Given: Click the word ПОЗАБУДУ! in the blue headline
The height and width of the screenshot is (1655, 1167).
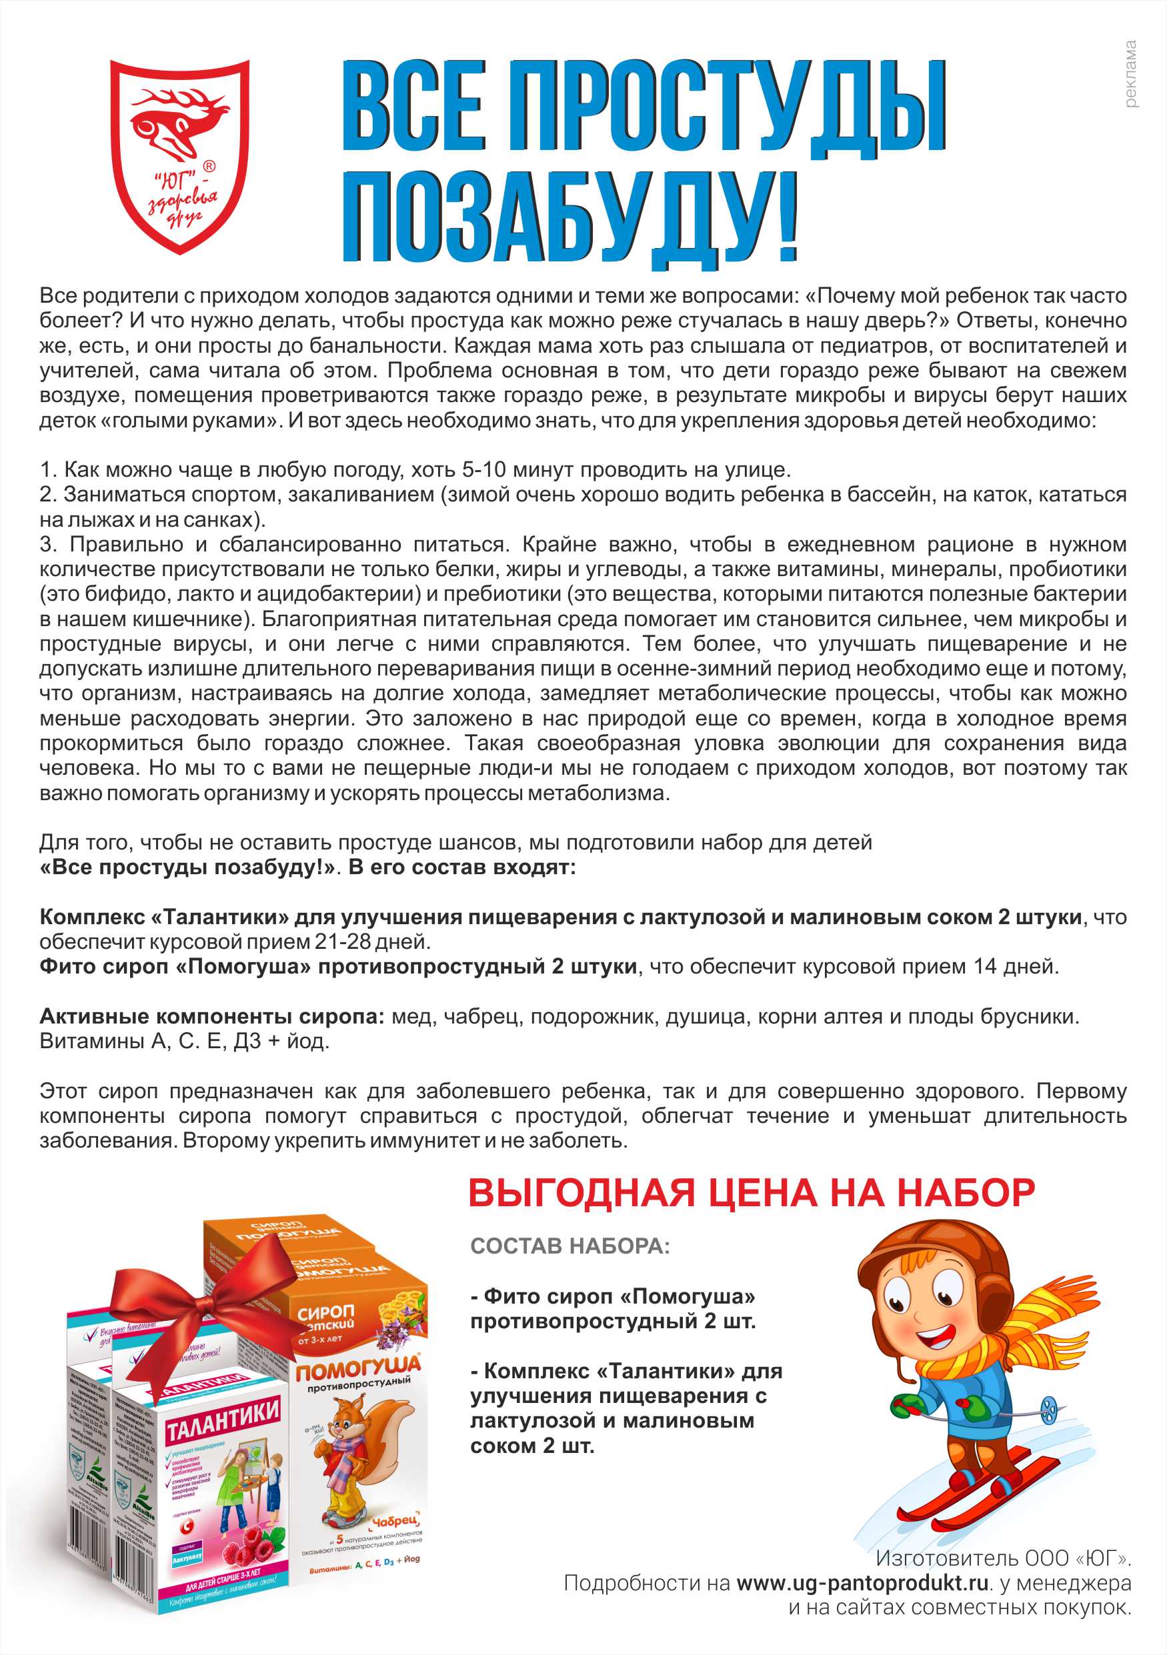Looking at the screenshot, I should (x=569, y=216).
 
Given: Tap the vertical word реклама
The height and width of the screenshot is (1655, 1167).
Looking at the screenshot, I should (x=1130, y=73).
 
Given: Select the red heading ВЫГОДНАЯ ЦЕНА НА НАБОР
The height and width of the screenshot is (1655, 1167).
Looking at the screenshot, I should (x=751, y=1193).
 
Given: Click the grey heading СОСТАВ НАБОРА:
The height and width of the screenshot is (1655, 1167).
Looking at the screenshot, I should (x=569, y=1246).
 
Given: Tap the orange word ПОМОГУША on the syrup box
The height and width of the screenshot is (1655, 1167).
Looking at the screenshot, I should (x=357, y=1370).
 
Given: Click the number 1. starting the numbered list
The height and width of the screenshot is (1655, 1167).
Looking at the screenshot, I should (x=47, y=470).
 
